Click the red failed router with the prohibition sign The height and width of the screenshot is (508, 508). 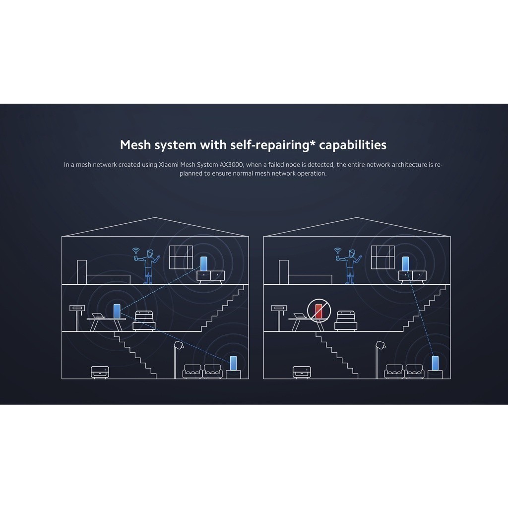(x=319, y=311)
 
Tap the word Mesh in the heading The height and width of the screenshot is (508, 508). (x=135, y=145)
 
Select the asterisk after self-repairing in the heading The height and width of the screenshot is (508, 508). (x=313, y=142)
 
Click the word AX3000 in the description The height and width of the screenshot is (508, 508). (x=231, y=165)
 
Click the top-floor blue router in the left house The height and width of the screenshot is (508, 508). (x=204, y=263)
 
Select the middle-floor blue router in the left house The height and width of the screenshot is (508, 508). (x=117, y=311)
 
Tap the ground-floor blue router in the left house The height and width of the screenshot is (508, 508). (x=233, y=363)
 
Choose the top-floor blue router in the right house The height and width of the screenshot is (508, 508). (x=406, y=263)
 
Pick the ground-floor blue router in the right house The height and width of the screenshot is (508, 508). (x=435, y=363)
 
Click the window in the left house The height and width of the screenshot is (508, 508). (x=181, y=257)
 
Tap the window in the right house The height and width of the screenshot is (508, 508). (x=383, y=257)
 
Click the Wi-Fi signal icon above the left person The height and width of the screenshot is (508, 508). (x=136, y=251)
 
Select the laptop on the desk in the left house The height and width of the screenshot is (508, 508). (x=98, y=316)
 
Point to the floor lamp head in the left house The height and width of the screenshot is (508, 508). (x=179, y=345)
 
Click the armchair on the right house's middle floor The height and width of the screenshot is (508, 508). (x=346, y=320)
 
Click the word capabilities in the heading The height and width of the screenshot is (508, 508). (x=353, y=145)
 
